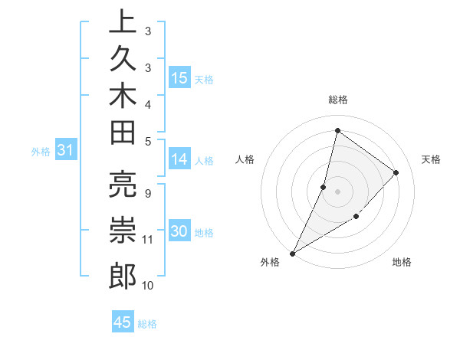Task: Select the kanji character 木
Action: [123, 97]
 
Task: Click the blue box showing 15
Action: [179, 78]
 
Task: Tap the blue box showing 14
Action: [179, 159]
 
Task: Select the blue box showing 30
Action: [179, 232]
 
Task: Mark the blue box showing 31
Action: [66, 151]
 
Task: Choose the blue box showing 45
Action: [123, 322]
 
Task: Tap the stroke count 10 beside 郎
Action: [148, 286]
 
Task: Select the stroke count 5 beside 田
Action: [147, 141]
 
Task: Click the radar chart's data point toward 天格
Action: [396, 172]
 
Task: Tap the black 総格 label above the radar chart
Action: [337, 100]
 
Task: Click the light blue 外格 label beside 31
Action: [41, 152]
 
